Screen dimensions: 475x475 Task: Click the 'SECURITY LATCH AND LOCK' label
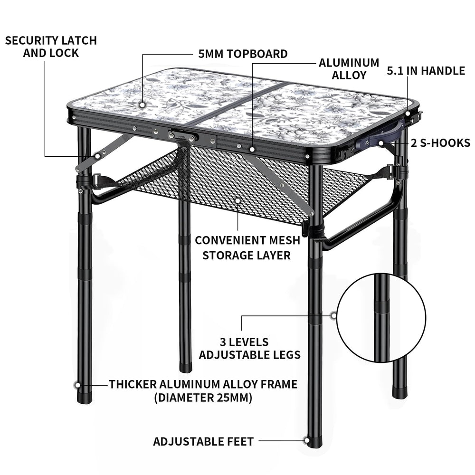(51, 47)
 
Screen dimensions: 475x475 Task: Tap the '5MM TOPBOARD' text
(243, 54)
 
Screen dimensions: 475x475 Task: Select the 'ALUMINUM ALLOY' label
(349, 69)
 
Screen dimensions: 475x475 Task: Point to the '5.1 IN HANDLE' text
(426, 71)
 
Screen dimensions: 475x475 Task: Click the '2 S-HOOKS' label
(440, 143)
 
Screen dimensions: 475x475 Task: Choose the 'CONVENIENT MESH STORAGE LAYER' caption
(247, 248)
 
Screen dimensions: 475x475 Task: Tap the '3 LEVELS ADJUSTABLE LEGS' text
(250, 348)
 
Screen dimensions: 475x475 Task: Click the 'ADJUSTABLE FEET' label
(203, 441)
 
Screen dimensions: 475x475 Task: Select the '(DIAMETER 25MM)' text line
(203, 398)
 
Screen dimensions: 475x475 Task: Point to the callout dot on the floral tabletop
(142, 105)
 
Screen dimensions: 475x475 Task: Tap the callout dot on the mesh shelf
(238, 200)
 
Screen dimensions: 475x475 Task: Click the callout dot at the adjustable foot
(306, 440)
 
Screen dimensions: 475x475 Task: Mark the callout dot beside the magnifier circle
(333, 316)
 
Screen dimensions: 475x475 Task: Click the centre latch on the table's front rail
(183, 136)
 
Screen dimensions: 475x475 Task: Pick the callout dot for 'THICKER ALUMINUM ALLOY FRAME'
(77, 385)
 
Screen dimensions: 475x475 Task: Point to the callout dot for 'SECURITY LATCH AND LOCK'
(97, 156)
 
